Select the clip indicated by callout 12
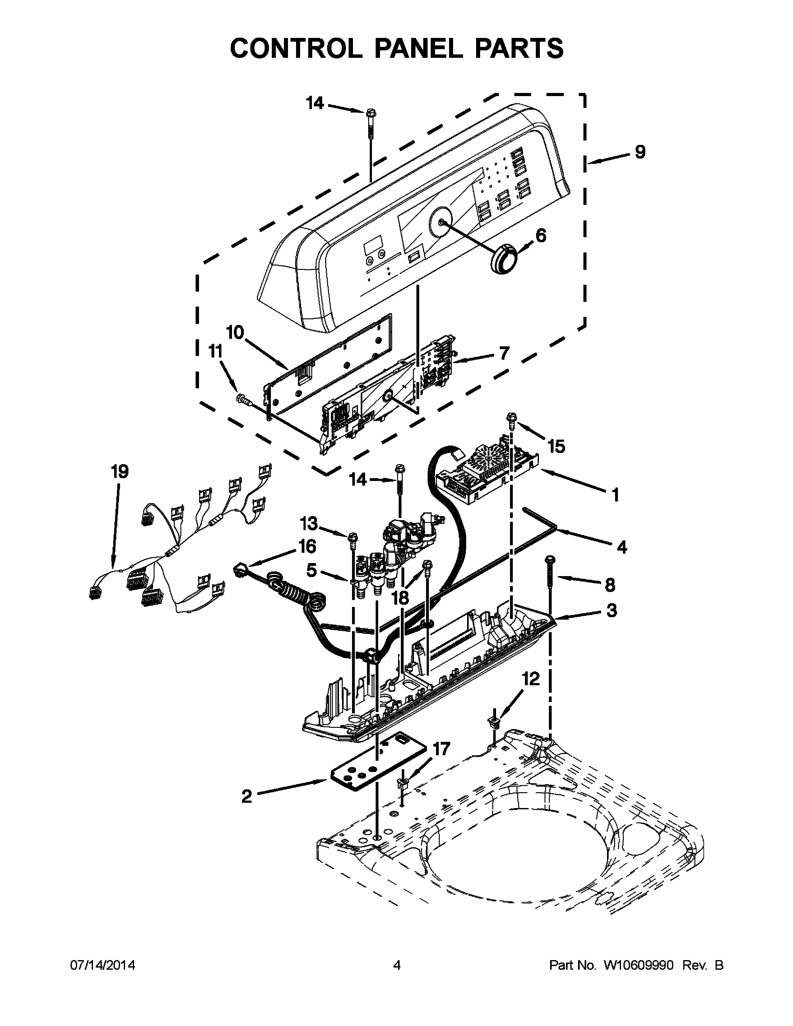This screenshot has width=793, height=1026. coord(494,722)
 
